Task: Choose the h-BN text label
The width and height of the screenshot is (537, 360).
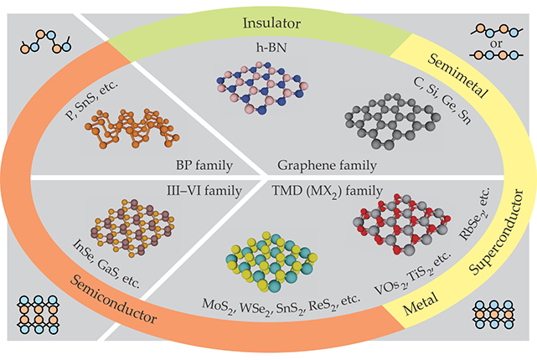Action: pos(269,54)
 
